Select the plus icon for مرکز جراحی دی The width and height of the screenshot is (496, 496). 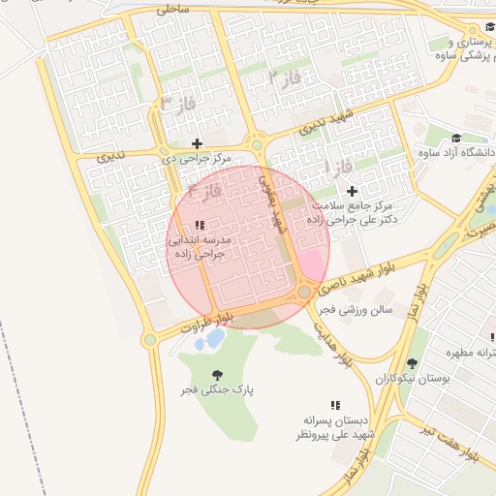tap(198, 143)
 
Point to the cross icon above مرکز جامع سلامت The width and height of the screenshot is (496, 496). tap(352, 191)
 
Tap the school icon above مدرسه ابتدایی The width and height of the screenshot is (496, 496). tap(200, 225)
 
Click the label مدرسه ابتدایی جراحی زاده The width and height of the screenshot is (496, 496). tap(199, 245)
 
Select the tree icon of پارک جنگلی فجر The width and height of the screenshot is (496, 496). tap(216, 374)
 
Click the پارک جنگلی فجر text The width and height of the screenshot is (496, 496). tap(215, 389)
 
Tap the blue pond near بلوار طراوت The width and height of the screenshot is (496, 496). tap(210, 339)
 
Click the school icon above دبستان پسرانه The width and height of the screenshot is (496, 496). tap(334, 405)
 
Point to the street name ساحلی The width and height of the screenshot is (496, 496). tap(171, 9)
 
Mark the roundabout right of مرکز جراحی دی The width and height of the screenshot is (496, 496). tap(257, 145)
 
